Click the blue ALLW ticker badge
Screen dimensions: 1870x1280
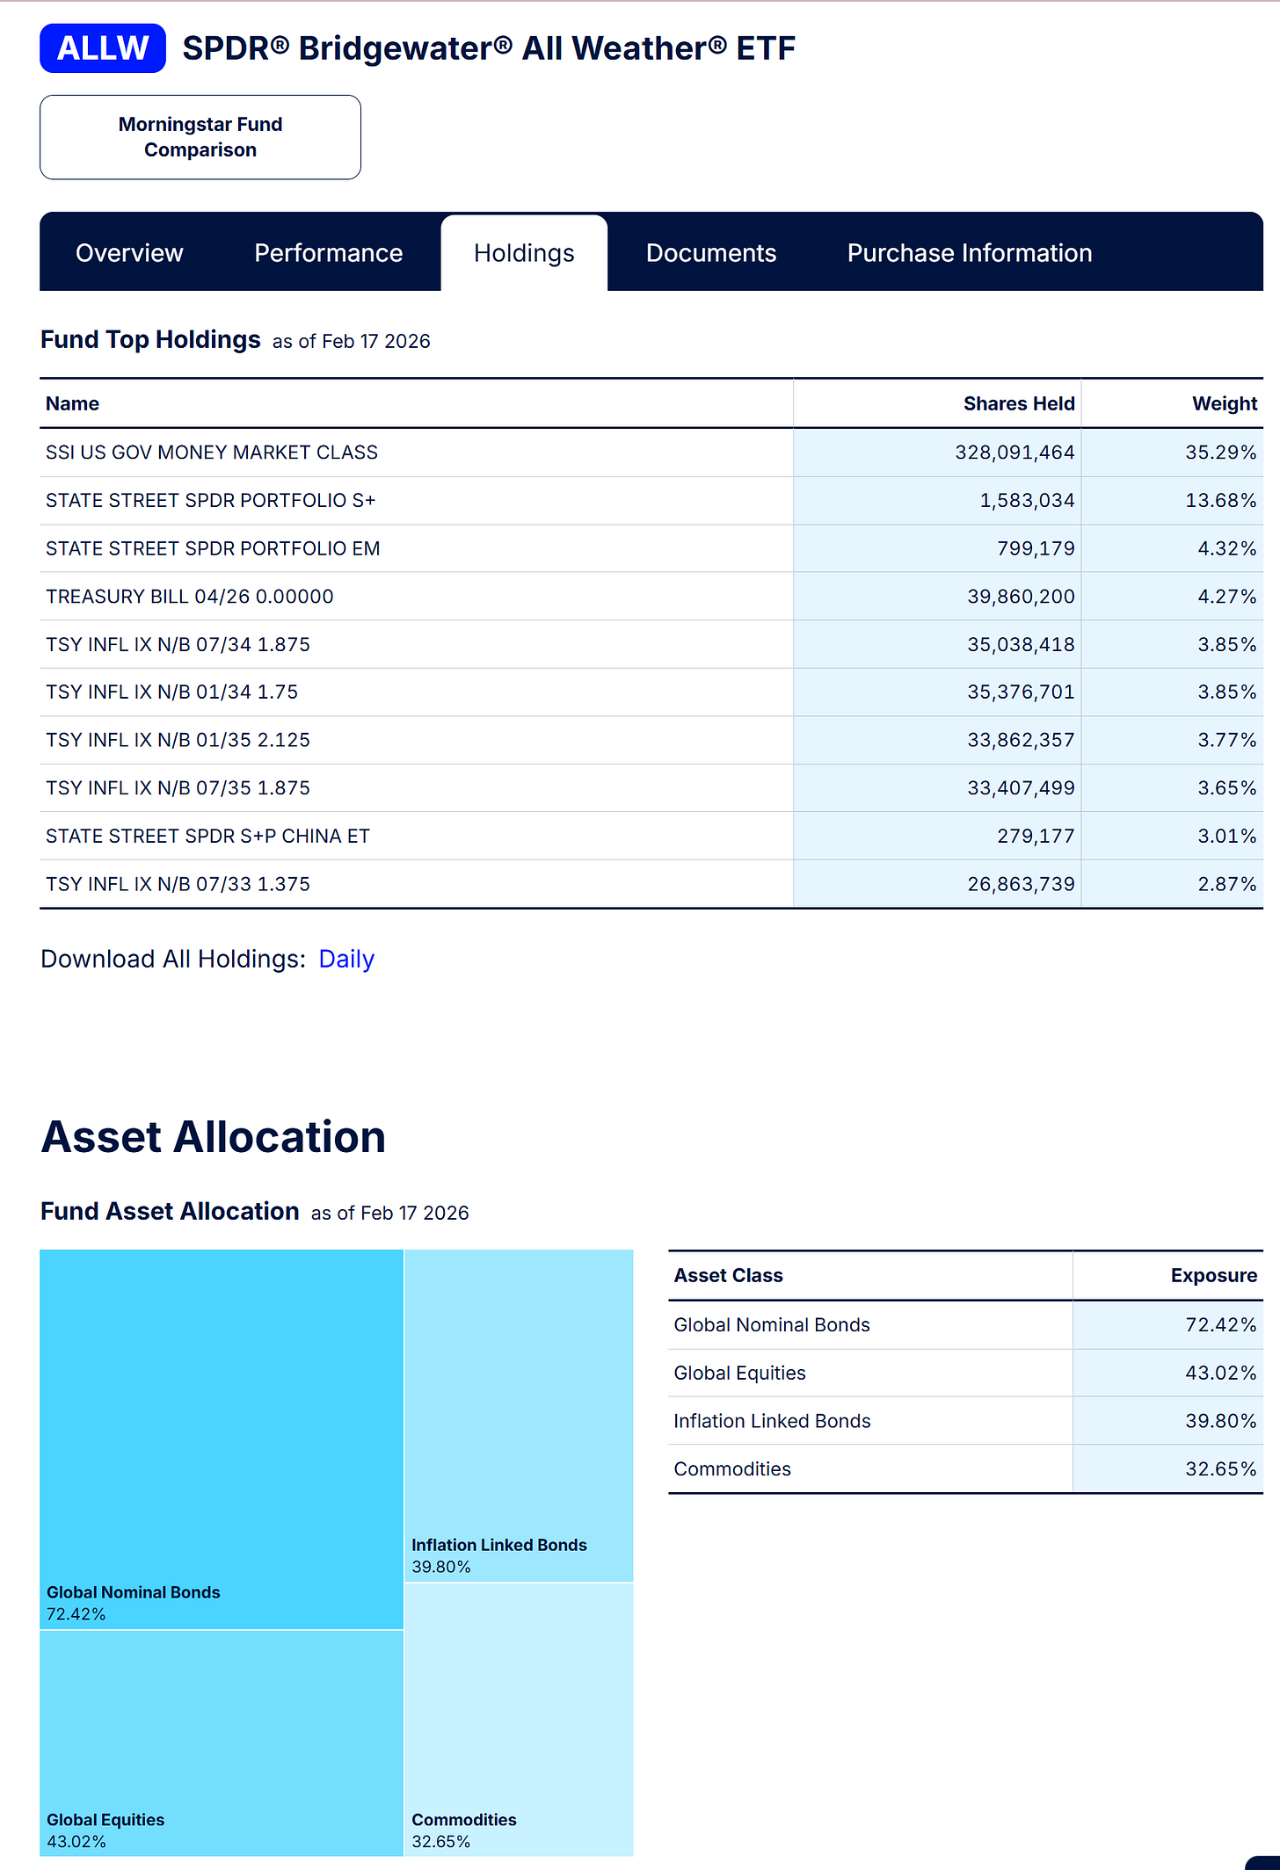click(103, 48)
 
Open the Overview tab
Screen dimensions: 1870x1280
click(129, 253)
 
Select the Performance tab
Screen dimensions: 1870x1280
click(328, 253)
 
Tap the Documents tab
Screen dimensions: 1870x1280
click(710, 253)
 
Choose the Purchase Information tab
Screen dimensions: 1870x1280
click(969, 253)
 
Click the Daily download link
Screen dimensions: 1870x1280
click(346, 959)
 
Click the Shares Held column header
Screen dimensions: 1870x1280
click(1018, 403)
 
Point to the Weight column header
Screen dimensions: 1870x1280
click(1224, 403)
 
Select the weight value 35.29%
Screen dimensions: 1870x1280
click(1220, 453)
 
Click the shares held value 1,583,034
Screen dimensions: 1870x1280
click(1027, 501)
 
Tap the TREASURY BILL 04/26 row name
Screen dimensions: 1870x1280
click(190, 597)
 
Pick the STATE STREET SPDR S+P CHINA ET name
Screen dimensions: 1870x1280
click(207, 837)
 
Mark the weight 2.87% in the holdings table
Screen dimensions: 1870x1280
click(1226, 884)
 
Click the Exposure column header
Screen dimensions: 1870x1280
click(1213, 1276)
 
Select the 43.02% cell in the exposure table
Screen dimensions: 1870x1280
click(1220, 1374)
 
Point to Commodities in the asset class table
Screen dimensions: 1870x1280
click(732, 1469)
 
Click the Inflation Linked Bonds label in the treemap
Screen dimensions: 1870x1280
click(498, 1545)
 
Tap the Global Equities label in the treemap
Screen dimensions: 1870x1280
click(105, 1820)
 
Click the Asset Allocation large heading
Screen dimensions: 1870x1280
click(214, 1137)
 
